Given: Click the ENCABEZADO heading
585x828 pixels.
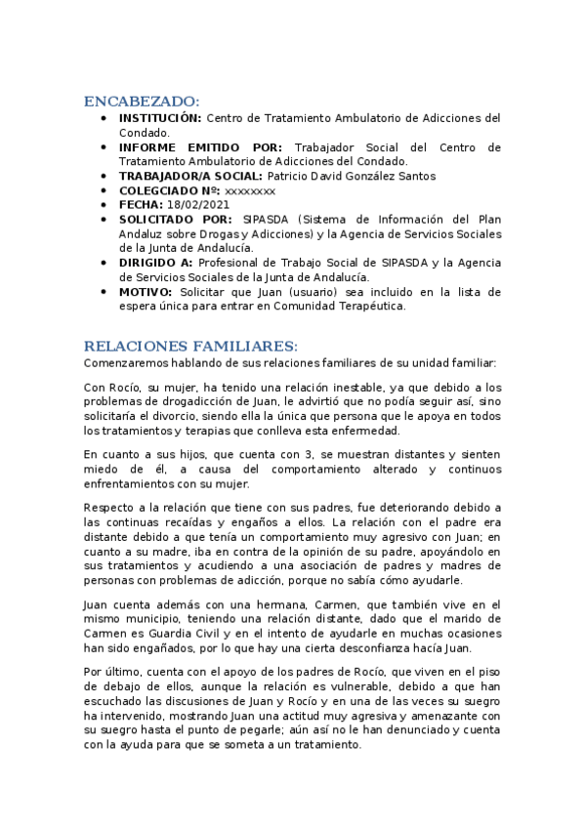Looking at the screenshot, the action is coord(142,101).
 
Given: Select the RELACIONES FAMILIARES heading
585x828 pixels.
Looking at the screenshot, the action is coord(190,347).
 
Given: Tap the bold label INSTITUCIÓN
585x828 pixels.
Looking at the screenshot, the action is coord(161,117).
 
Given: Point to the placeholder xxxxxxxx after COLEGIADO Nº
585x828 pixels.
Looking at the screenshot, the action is coord(250,190).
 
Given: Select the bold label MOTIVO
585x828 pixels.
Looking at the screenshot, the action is coord(146,292).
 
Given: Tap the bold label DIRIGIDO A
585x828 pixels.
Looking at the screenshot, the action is coord(157,263).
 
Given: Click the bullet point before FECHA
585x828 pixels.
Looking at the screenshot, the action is coord(104,205).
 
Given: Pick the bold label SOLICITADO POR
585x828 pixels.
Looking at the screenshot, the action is coord(176,220).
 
